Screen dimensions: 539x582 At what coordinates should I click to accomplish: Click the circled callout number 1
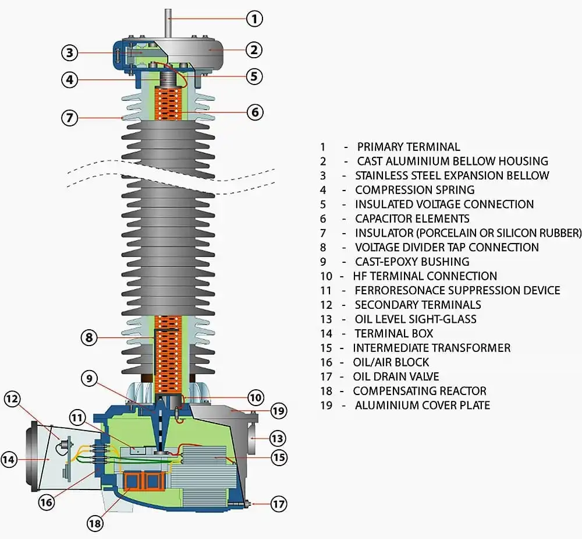254,19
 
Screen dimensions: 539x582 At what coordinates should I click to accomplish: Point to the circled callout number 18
95,524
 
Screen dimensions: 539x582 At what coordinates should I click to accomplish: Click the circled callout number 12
12,399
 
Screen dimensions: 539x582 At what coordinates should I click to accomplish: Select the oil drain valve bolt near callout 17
249,503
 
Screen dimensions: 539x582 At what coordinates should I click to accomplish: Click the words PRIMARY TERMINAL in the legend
408,147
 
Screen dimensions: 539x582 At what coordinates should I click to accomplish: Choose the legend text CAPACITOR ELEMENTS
412,219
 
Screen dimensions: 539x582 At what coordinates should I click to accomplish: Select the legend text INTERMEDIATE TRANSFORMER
431,348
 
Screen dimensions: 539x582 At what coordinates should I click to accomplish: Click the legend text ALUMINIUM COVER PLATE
422,405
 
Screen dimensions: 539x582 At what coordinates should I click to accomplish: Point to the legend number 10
327,276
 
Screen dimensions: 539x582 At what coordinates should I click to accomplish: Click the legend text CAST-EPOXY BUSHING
412,262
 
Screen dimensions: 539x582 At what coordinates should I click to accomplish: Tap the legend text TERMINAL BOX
394,333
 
